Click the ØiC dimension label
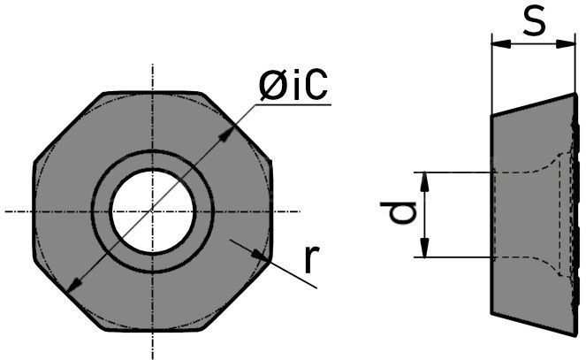[293, 85]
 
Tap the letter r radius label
[311, 259]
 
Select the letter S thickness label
[534, 21]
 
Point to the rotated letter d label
[398, 211]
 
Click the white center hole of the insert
[153, 211]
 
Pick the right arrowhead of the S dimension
[566, 43]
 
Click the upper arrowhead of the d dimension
[424, 181]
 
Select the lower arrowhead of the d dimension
[424, 249]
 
